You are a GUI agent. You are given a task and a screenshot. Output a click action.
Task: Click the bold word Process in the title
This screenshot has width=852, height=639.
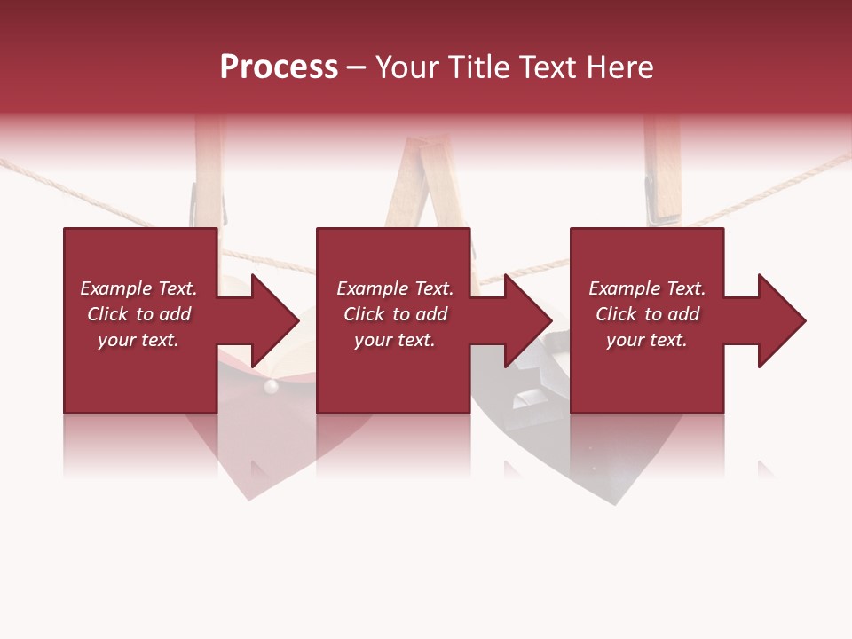[x=279, y=67]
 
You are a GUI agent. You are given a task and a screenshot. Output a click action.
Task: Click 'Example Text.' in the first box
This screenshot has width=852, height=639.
[x=138, y=288]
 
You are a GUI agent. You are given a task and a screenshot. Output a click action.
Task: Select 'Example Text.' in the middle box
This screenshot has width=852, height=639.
[x=394, y=288]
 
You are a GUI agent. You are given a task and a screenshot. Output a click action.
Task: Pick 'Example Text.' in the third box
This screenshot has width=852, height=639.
[x=647, y=288]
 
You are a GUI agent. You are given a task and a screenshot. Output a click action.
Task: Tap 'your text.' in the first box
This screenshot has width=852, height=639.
[x=138, y=340]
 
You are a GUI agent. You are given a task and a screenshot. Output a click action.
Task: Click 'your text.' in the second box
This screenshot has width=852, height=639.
[x=394, y=340]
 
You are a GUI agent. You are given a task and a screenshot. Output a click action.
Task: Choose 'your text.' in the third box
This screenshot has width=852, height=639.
[x=647, y=340]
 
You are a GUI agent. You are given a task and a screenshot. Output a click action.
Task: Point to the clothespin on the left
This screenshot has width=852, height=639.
[x=209, y=173]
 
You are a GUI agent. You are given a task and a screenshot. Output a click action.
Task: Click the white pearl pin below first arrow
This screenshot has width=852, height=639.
[x=272, y=386]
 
